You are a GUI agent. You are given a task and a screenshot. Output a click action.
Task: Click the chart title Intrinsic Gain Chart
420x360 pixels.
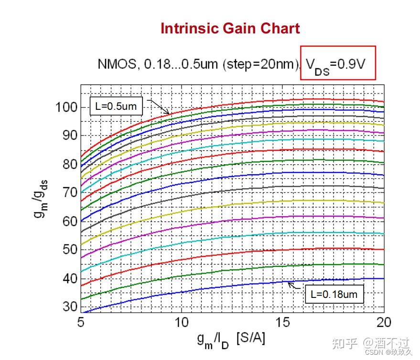[x=230, y=29]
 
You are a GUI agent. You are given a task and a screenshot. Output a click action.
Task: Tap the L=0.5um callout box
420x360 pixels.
[x=116, y=106]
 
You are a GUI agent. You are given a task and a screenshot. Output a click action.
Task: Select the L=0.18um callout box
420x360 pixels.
[x=334, y=294]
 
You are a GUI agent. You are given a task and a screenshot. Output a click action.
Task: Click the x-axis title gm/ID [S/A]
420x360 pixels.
[x=231, y=339]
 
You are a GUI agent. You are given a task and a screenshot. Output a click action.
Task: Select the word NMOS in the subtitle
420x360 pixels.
[x=115, y=64]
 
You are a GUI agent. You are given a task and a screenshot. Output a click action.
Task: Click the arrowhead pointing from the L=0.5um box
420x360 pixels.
[x=168, y=113]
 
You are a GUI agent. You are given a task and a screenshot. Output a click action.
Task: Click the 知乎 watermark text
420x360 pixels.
[x=345, y=343]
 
